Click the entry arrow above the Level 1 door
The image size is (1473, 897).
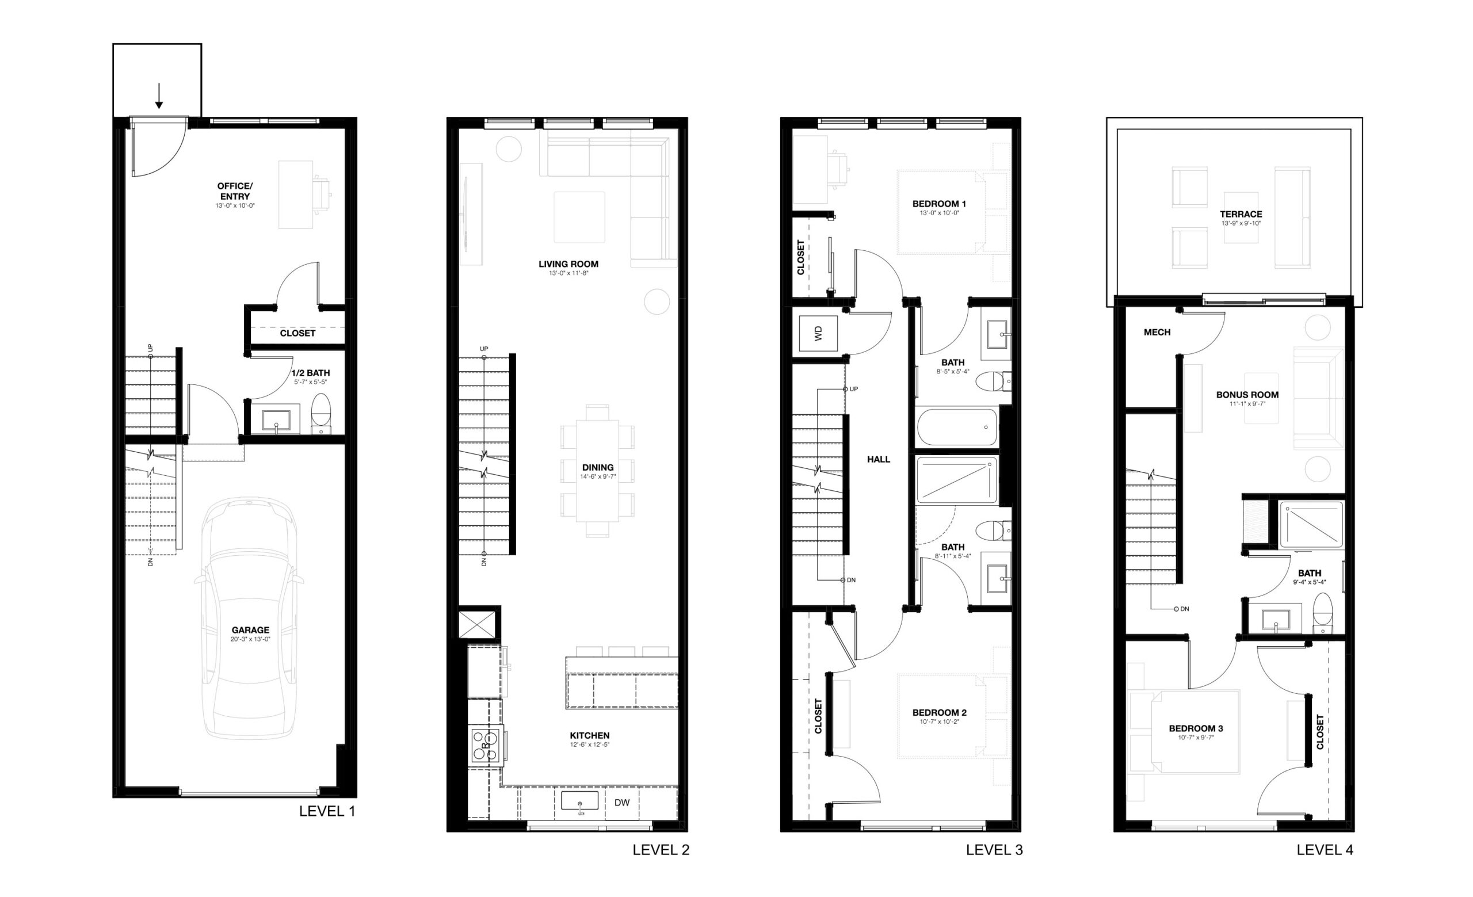pos(159,96)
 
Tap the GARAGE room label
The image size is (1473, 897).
pos(250,630)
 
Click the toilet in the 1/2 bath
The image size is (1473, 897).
pos(321,413)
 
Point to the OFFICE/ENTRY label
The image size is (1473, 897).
pos(235,191)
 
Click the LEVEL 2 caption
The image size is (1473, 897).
pos(661,850)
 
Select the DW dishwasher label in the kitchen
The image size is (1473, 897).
pos(622,803)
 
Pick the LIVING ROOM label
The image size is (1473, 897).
pos(568,264)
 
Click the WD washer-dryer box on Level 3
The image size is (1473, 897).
pos(818,333)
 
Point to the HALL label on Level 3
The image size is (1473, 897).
pos(879,460)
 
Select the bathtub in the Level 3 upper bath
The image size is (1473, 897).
pos(957,427)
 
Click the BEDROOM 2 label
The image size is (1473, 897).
pos(939,713)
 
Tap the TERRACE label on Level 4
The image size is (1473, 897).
pos(1241,214)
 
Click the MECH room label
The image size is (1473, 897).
pos(1157,332)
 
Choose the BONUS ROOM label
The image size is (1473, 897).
pos(1247,395)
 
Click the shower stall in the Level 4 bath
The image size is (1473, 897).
pos(1311,524)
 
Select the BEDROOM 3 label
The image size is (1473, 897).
pos(1196,728)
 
